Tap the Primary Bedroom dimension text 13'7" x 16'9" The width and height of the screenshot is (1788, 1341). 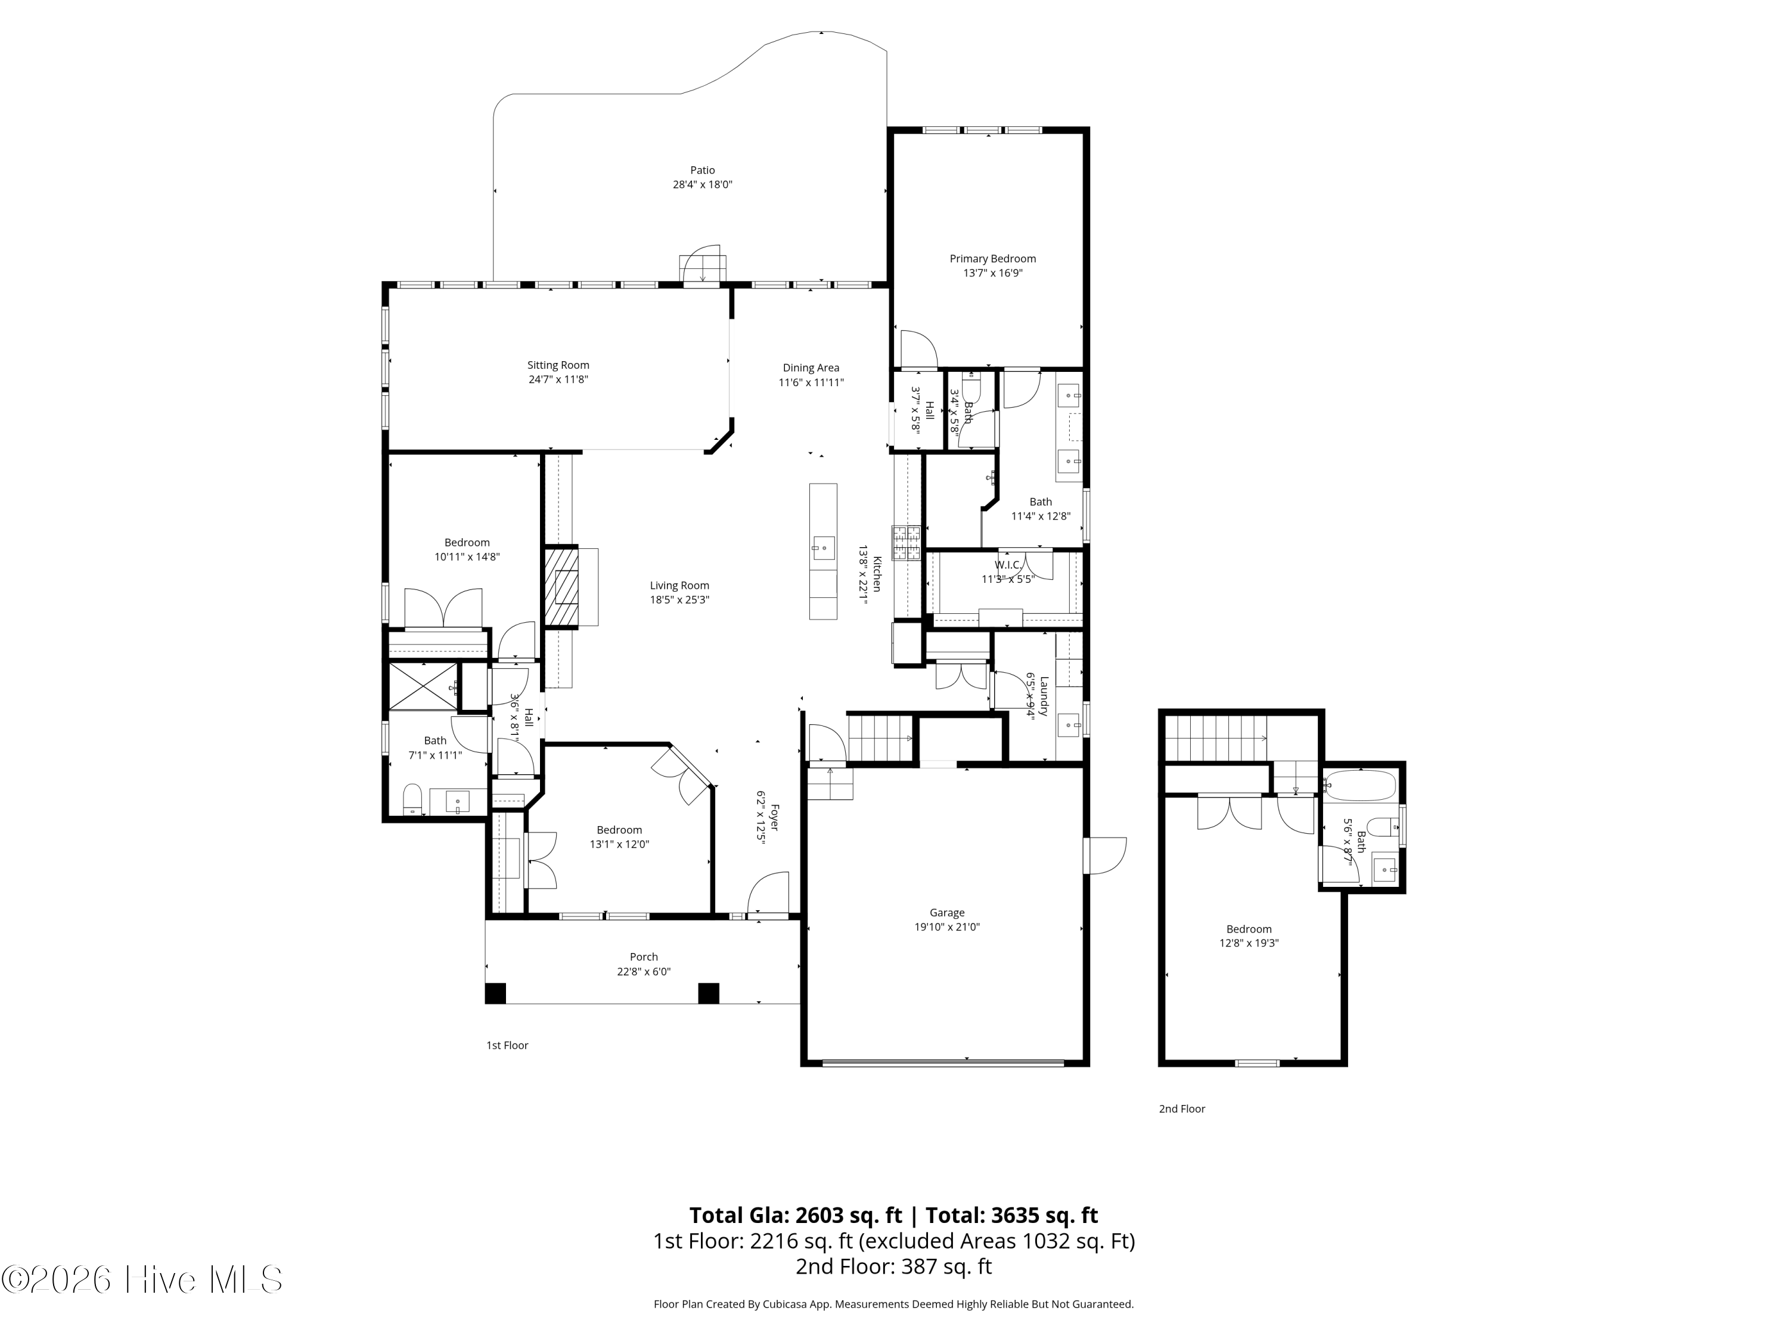click(992, 273)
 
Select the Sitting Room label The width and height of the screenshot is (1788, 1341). click(558, 365)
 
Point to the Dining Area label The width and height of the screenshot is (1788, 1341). click(811, 368)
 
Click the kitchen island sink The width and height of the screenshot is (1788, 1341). click(823, 547)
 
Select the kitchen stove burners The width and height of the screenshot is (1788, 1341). click(906, 542)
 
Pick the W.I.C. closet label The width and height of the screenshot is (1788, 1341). click(1007, 565)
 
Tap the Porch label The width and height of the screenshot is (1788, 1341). click(644, 957)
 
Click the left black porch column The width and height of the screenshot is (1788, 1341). click(495, 994)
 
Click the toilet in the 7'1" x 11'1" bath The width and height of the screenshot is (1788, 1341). click(412, 799)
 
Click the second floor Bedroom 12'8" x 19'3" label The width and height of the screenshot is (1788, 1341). click(1249, 930)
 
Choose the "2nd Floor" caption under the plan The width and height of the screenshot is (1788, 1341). click(1182, 1109)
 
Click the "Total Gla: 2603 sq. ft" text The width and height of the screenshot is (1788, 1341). click(796, 1216)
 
